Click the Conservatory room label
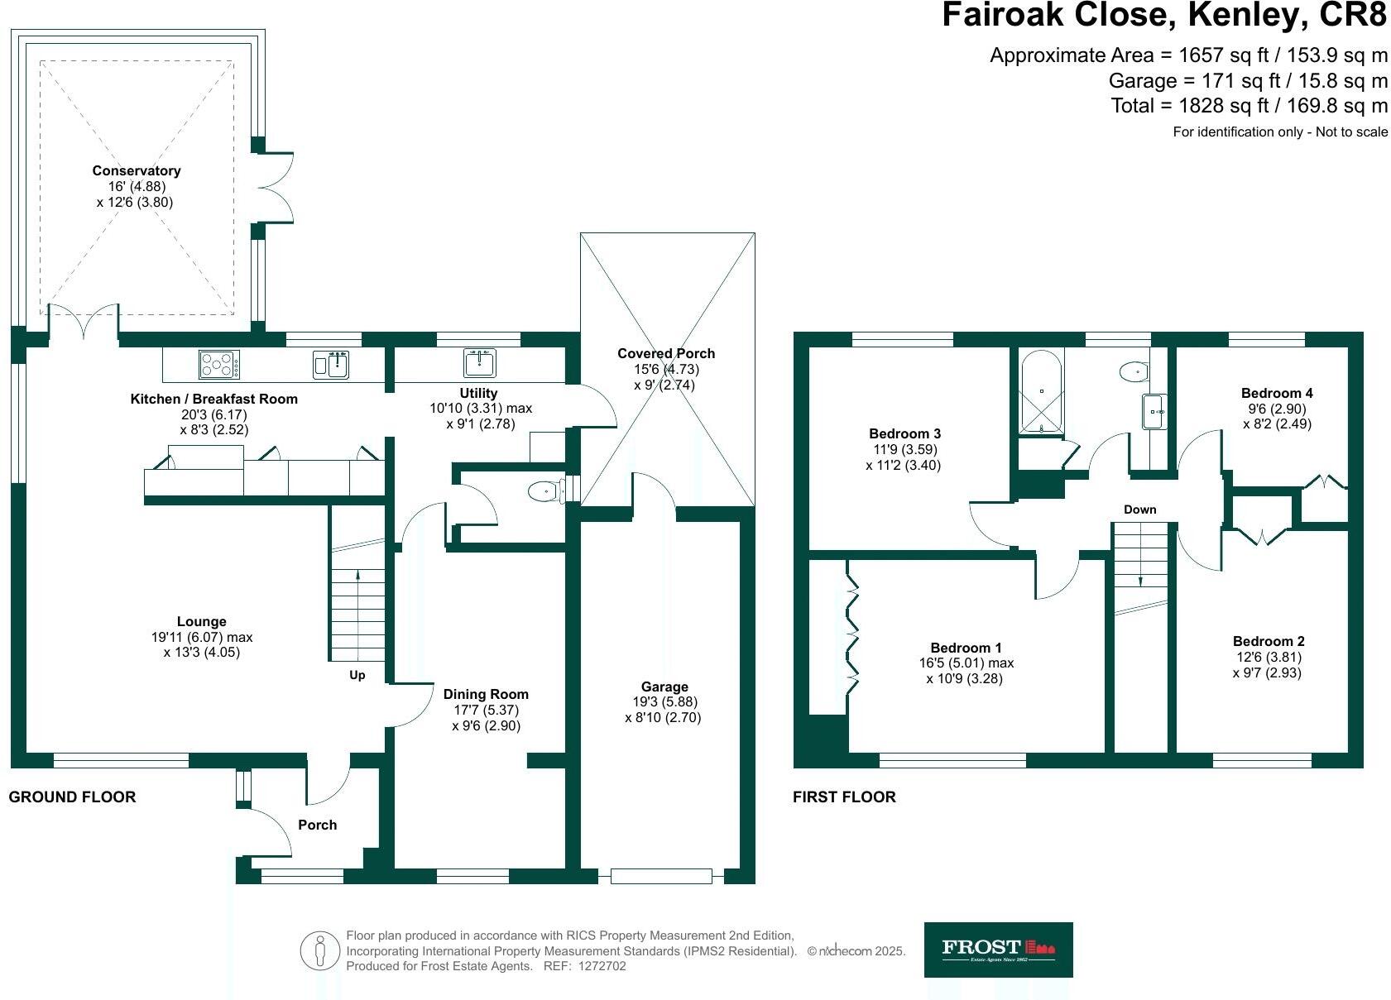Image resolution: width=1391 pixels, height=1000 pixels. [137, 171]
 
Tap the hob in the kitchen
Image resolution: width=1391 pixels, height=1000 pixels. [219, 364]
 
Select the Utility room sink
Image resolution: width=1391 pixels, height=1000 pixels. [481, 363]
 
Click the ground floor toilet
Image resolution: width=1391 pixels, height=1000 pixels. [544, 492]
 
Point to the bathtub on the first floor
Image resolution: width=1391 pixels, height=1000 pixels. [1041, 392]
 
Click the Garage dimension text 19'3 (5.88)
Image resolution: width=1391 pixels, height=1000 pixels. [663, 702]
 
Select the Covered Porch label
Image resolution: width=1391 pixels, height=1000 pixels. [665, 354]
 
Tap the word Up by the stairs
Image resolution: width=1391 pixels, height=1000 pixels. [357, 675]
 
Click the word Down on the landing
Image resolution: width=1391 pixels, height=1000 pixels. [1139, 510]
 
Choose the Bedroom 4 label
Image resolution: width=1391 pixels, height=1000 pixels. [1277, 394]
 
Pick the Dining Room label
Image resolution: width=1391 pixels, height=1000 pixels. [486, 695]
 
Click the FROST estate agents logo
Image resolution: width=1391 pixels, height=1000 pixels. [998, 950]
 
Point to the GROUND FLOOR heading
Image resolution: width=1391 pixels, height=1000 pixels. [72, 797]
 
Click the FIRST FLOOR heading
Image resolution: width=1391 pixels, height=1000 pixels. [844, 797]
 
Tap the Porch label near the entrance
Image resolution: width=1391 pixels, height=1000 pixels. [318, 825]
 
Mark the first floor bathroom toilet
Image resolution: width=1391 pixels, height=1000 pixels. [1134, 372]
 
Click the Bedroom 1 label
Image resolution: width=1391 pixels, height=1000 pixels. [966, 648]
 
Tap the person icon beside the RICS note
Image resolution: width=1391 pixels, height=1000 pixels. [319, 950]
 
